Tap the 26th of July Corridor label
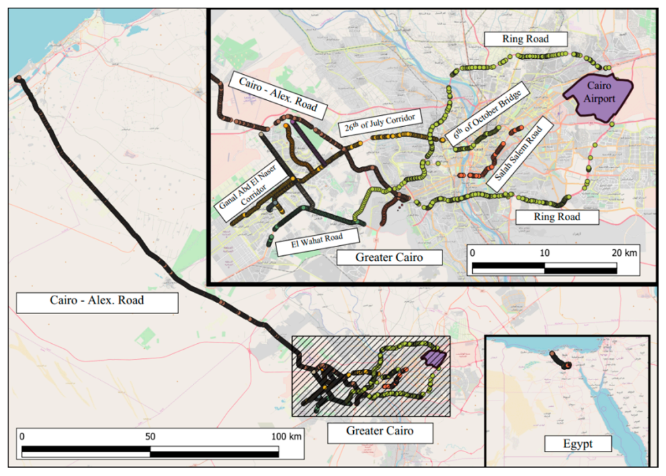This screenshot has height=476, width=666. pos(380,124)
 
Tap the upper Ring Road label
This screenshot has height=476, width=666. pos(526,39)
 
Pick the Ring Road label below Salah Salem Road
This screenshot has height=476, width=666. pos(557,216)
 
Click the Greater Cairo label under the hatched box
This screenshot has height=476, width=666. pos(380,433)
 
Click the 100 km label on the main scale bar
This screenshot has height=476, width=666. pos(286,436)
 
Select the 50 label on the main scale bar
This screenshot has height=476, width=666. pos(150,436)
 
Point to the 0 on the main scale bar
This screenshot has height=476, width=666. pos(22,436)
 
